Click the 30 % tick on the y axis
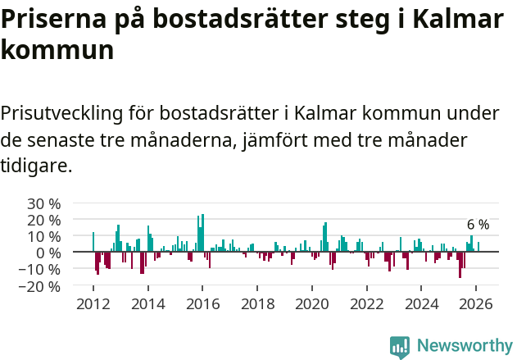coord(43,203)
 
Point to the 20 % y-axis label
coord(43,220)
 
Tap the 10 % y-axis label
coord(43,236)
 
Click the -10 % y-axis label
coord(41,270)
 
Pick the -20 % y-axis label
coord(41,286)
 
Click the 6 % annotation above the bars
coord(478,225)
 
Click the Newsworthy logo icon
coord(400,346)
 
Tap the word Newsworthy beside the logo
coord(464,346)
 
